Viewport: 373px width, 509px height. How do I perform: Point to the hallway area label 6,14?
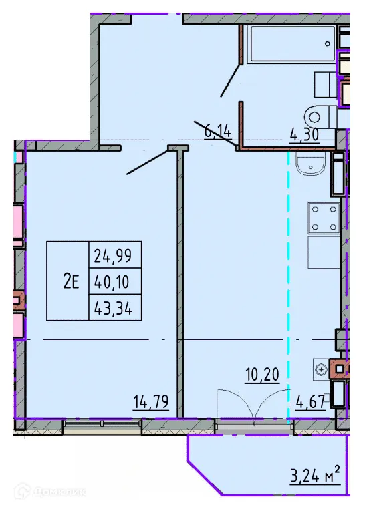pyautogui.click(x=218, y=132)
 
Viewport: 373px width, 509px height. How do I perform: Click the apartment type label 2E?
pyautogui.click(x=70, y=281)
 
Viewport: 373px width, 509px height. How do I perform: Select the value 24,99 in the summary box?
pyautogui.click(x=114, y=254)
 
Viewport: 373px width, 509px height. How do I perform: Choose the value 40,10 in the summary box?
pyautogui.click(x=114, y=281)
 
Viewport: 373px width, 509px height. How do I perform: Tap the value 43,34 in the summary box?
pyautogui.click(x=114, y=307)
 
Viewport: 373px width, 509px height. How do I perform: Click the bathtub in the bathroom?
pyautogui.click(x=291, y=45)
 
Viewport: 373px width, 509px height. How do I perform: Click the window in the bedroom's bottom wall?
pyautogui.click(x=94, y=423)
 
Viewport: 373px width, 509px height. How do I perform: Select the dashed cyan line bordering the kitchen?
pyautogui.click(x=289, y=281)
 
